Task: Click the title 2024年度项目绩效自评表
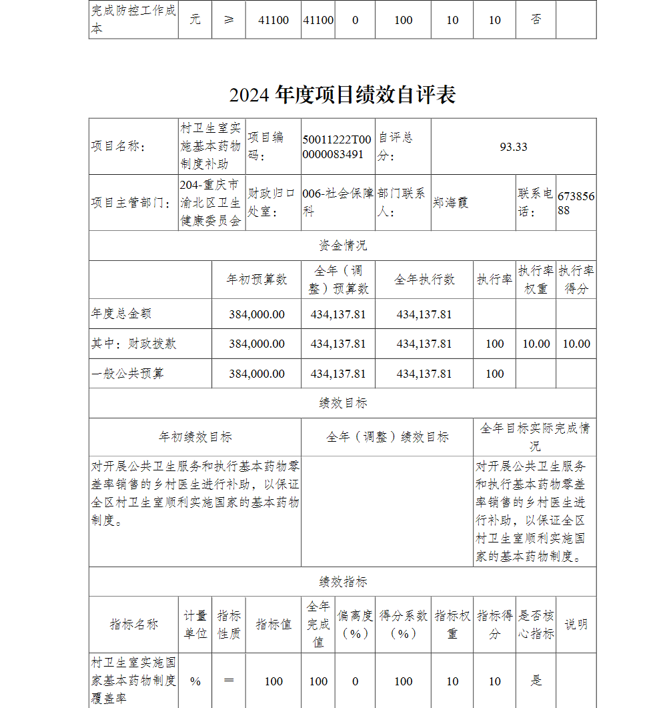[342, 95]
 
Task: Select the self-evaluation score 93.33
[513, 147]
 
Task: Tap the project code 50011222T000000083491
[337, 147]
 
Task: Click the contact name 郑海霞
[450, 202]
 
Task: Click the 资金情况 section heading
[342, 246]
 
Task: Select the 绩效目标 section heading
[342, 403]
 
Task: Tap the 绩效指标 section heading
[342, 582]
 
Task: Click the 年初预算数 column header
[257, 280]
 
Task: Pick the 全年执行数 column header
[424, 280]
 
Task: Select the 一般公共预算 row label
[127, 374]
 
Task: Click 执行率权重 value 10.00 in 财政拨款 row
[536, 344]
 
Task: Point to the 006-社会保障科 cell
[337, 202]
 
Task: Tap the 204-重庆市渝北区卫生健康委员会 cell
[211, 202]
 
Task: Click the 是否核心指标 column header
[536, 625]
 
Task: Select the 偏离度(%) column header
[355, 625]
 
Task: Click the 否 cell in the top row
[536, 19]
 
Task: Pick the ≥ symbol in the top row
[229, 19]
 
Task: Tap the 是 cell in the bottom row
[536, 681]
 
